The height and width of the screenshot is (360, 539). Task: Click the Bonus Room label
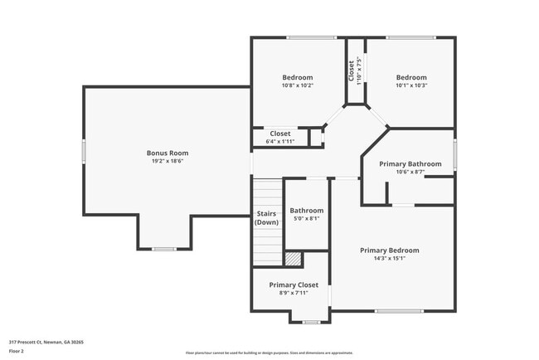click(168, 153)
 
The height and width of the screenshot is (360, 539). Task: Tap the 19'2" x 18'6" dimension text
click(168, 162)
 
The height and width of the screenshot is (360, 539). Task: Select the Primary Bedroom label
click(389, 250)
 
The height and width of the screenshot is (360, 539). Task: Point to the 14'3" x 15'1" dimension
click(389, 259)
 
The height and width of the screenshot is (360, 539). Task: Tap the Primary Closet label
click(294, 285)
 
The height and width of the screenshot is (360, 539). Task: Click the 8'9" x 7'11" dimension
click(294, 293)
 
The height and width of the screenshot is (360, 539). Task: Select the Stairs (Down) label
click(266, 218)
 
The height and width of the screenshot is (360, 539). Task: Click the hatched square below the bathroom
click(292, 259)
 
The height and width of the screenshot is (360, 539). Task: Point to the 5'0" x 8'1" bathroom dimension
click(307, 220)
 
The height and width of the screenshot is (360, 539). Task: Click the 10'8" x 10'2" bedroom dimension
click(297, 85)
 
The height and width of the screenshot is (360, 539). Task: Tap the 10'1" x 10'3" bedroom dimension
click(410, 85)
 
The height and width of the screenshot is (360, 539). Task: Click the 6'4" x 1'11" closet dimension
click(280, 142)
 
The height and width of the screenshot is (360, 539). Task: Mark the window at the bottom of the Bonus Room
click(164, 249)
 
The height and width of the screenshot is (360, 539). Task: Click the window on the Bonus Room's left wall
click(83, 153)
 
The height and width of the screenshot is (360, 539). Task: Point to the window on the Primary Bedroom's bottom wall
click(399, 311)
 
